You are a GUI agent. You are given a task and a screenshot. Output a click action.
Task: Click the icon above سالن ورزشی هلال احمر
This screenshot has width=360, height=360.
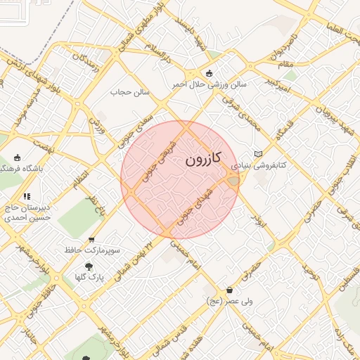[x=209, y=73]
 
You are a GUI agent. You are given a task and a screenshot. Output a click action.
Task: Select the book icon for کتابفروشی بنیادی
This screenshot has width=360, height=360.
[x=258, y=154]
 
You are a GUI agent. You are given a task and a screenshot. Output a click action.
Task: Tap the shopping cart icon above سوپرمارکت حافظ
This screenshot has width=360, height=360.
[x=91, y=240]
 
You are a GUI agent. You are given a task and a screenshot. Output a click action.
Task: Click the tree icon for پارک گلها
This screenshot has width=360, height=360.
[x=89, y=266]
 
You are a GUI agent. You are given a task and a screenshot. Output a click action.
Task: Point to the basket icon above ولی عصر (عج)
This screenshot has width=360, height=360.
[x=229, y=290]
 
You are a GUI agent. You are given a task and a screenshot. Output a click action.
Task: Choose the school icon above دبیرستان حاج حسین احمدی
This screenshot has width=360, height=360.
[x=27, y=196]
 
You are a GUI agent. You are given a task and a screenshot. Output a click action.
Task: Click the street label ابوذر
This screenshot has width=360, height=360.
[x=260, y=219]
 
